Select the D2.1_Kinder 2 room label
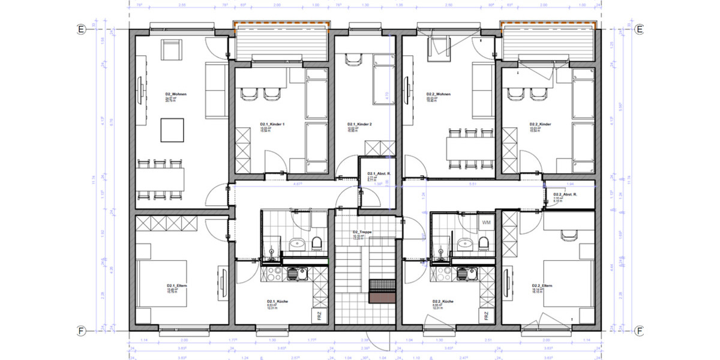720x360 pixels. pyautogui.click(x=360, y=125)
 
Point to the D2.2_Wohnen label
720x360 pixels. pyautogui.click(x=439, y=94)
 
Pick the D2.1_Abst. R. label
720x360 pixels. pyautogui.click(x=379, y=173)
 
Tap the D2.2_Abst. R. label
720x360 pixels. pyautogui.click(x=565, y=194)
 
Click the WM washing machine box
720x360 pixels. pyautogui.click(x=487, y=223)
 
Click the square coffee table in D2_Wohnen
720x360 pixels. pyautogui.click(x=172, y=130)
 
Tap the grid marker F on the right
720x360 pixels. pyautogui.click(x=640, y=330)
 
